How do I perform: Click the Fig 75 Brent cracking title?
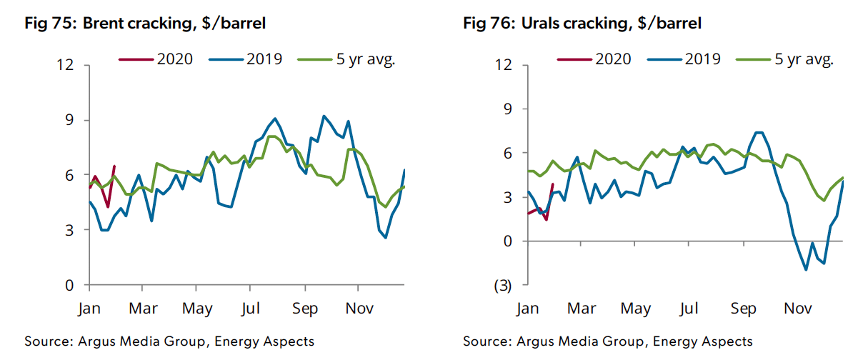click(x=145, y=23)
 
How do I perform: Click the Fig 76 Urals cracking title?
click(x=582, y=23)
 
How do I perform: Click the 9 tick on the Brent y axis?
click(x=70, y=120)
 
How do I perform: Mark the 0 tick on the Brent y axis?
click(x=70, y=285)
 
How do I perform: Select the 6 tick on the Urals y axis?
click(x=508, y=153)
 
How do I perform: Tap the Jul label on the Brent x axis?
click(x=250, y=309)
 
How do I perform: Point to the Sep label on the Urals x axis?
click(x=743, y=309)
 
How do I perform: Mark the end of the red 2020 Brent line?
click(x=114, y=166)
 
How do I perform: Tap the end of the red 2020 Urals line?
click(x=553, y=184)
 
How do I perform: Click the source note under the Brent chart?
click(x=169, y=341)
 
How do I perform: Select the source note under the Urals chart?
click(x=607, y=341)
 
